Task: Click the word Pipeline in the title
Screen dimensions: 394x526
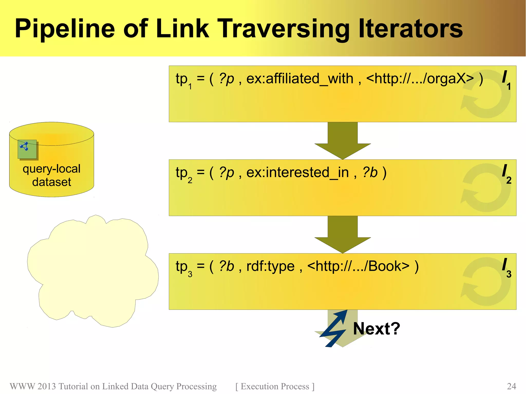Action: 64,29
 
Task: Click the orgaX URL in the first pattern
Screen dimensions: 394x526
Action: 420,79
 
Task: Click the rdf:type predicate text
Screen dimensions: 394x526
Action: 270,266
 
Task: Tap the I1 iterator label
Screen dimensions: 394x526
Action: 506,80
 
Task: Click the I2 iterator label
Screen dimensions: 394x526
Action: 506,174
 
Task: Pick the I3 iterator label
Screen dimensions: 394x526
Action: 506,267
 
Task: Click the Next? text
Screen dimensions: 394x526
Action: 377,329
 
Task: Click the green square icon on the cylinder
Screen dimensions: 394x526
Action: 27,149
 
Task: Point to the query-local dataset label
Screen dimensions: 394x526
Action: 52,175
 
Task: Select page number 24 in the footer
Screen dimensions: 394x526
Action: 511,386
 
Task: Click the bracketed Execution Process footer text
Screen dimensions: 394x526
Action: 275,386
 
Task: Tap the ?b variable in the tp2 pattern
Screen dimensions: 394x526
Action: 370,172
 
